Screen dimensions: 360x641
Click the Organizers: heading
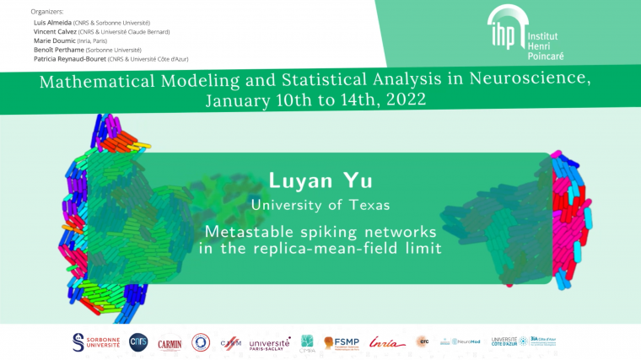tap(47, 12)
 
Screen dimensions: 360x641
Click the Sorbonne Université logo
tap(96, 341)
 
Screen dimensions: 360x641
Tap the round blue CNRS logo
tap(138, 341)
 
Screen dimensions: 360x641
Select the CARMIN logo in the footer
tap(170, 342)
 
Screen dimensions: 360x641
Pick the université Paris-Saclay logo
tap(270, 343)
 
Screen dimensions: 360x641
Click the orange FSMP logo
tap(342, 342)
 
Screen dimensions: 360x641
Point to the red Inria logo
tap(386, 341)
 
